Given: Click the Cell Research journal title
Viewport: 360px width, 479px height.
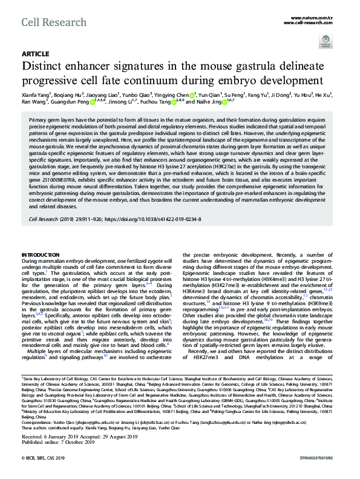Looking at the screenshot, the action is pos(46,22).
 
